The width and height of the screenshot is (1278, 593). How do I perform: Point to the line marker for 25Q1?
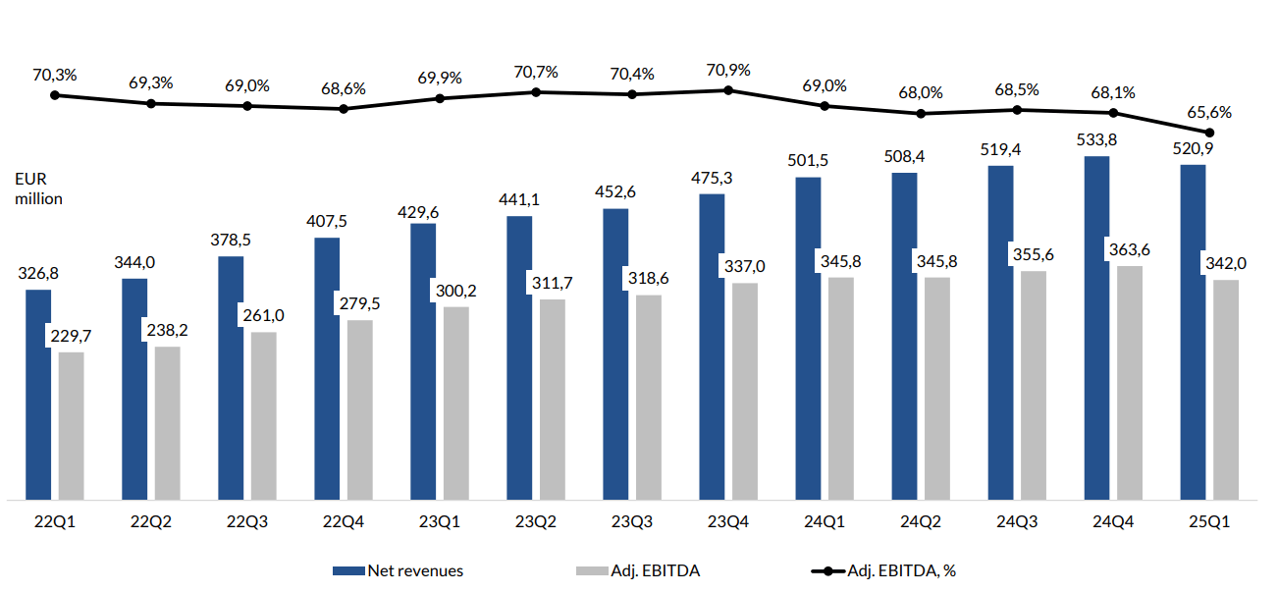point(1209,133)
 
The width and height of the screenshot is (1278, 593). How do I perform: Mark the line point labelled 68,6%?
point(344,108)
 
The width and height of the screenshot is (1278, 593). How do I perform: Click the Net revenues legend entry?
point(398,570)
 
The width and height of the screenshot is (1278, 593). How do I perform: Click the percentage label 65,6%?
point(1209,112)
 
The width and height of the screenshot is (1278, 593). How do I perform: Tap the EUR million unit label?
point(37,189)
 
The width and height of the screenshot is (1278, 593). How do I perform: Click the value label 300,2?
point(455,291)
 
